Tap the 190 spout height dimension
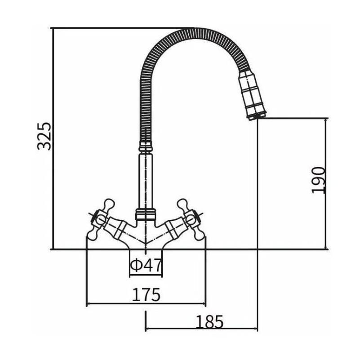[318, 180]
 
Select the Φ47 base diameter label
[146, 265]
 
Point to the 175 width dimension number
[146, 294]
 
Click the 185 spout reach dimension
[209, 322]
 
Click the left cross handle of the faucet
[101, 219]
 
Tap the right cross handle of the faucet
[191, 219]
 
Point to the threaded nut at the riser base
[146, 214]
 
